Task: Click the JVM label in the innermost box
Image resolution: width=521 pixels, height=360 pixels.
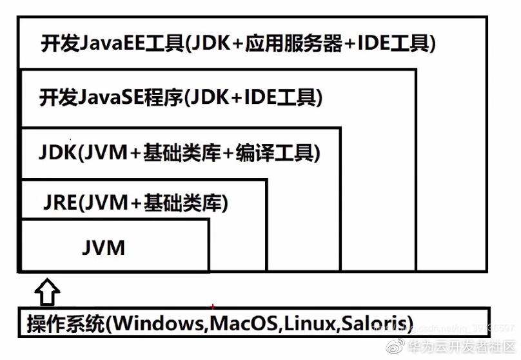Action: click(104, 247)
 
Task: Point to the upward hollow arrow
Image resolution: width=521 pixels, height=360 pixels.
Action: click(46, 291)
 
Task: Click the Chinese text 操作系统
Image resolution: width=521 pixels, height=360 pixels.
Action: click(65, 323)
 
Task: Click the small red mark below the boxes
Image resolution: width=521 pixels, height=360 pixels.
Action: click(212, 306)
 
